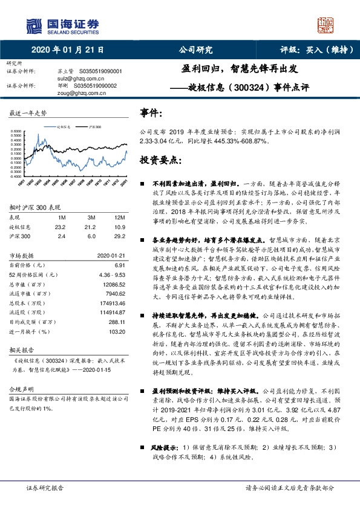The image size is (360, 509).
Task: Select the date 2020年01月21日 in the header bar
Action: [x=67, y=50]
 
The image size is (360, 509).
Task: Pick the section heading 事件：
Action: [x=151, y=113]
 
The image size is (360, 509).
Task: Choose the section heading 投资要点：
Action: [x=161, y=160]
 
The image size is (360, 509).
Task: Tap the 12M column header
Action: [x=119, y=216]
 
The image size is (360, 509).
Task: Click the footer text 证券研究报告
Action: [x=45, y=487]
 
